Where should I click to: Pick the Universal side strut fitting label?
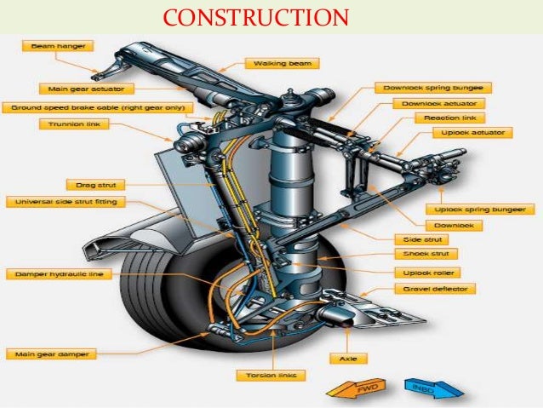click(64, 202)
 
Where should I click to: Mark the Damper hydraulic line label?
click(60, 274)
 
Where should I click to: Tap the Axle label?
click(348, 359)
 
